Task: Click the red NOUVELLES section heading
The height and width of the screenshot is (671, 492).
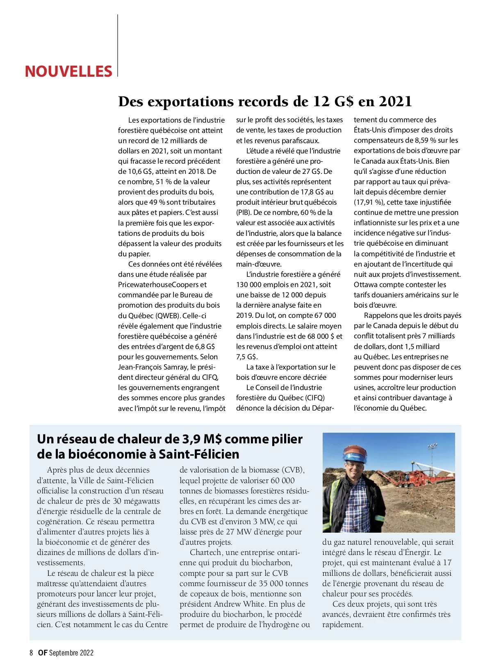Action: pyautogui.click(x=68, y=71)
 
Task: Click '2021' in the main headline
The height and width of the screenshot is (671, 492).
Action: pyautogui.click(x=395, y=101)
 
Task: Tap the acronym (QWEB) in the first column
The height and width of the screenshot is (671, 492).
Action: pyautogui.click(x=168, y=315)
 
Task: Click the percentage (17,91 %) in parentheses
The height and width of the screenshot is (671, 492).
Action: pyautogui.click(x=369, y=202)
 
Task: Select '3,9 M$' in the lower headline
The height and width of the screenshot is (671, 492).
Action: pyautogui.click(x=198, y=439)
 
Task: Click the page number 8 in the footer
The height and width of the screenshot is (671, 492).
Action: pyautogui.click(x=31, y=653)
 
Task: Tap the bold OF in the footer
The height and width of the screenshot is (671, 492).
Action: pyautogui.click(x=43, y=653)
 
